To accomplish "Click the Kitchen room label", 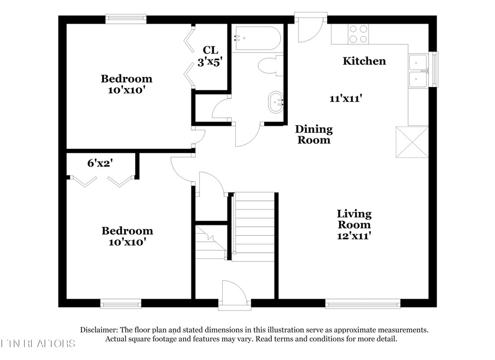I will coord(364,61).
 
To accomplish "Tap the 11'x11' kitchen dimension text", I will coord(347,99).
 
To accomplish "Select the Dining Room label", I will coord(313,135).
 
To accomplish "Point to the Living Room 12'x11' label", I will coord(354,224).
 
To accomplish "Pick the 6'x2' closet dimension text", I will coord(101,163).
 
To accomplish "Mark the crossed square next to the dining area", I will coord(412,142).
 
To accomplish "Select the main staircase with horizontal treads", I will coord(253,227).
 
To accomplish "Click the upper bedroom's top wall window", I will coord(126,19).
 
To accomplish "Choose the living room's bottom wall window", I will coord(363,303).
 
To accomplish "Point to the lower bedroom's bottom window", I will coord(121,303).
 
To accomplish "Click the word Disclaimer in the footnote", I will coord(98,330).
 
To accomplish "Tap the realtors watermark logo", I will coord(38,344).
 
